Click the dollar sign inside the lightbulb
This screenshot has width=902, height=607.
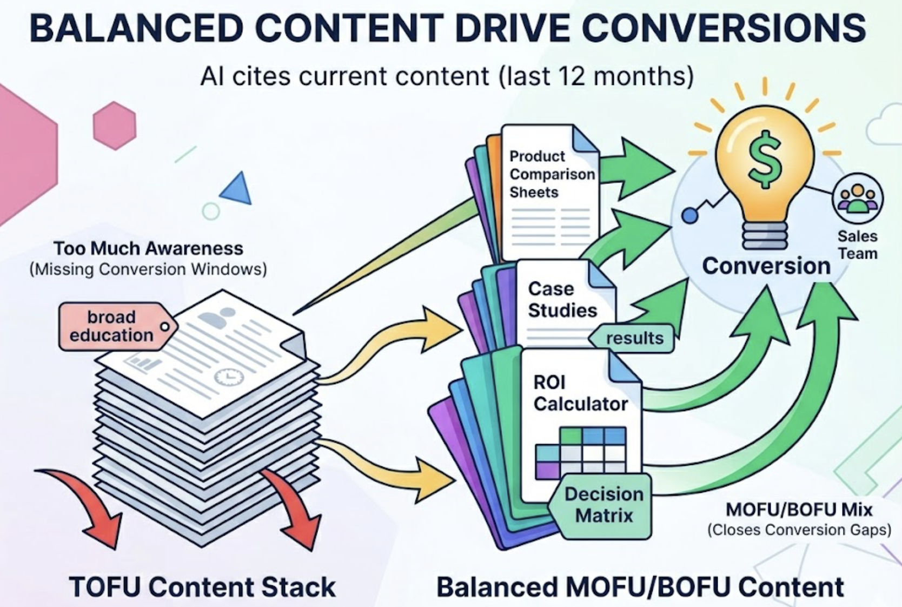765,159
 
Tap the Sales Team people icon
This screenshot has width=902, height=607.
857,198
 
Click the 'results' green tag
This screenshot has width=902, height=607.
633,338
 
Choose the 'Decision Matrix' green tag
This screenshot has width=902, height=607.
603,505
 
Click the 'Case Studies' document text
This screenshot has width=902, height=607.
562,300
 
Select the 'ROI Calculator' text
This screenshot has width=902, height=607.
579,393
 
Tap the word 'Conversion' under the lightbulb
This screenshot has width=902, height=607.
766,266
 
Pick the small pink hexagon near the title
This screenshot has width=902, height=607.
115,126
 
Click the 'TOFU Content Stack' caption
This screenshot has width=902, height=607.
202,587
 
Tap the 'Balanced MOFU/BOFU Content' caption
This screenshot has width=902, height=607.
640,587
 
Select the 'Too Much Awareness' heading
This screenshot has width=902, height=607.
148,248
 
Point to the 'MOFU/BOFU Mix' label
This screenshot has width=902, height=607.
799,510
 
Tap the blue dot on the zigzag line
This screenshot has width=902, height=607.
689,216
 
